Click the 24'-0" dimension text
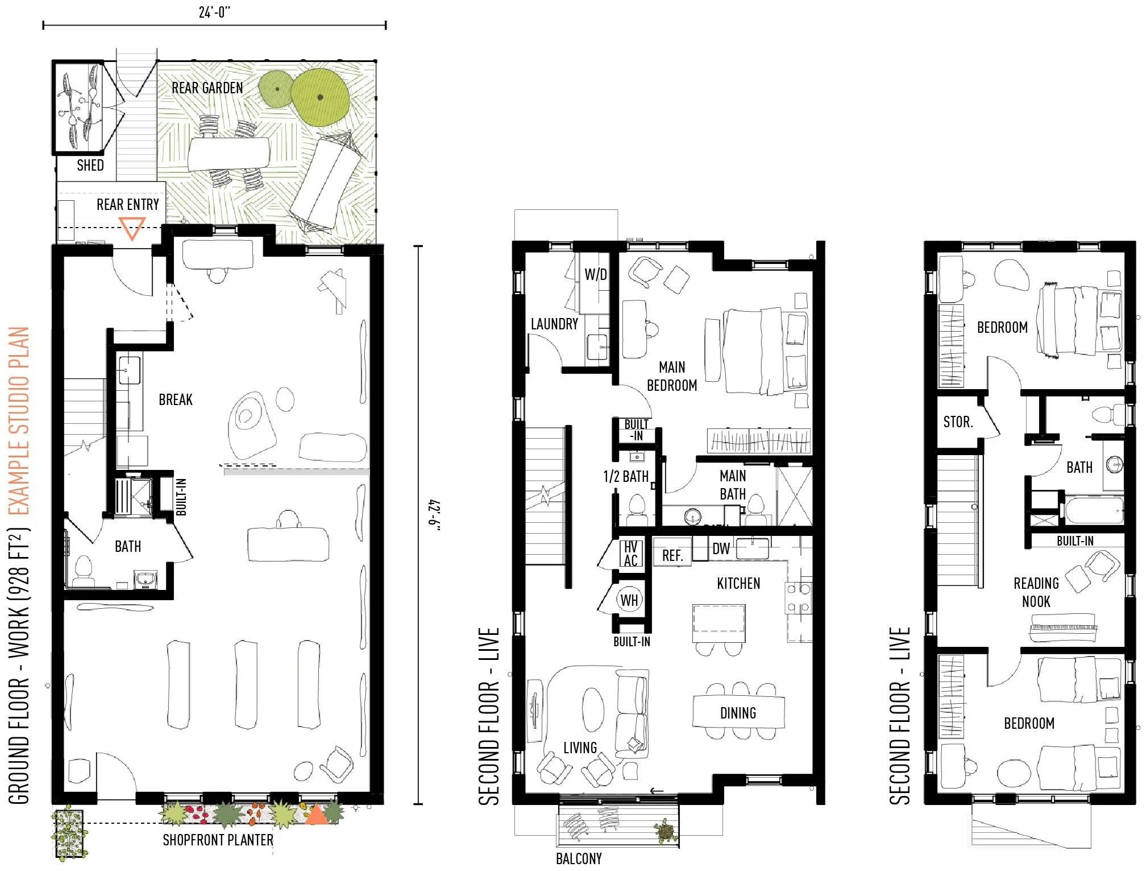pyautogui.click(x=214, y=12)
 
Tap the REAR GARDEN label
pyautogui.click(x=207, y=88)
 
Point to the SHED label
pyautogui.click(x=90, y=165)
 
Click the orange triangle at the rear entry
pyautogui.click(x=132, y=228)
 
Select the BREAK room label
pyautogui.click(x=176, y=399)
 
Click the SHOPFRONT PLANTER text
pyautogui.click(x=218, y=840)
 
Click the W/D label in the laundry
pyautogui.click(x=596, y=274)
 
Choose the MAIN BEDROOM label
pyautogui.click(x=672, y=376)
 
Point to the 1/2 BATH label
pyautogui.click(x=626, y=476)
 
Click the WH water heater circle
pyautogui.click(x=629, y=600)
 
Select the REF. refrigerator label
pyautogui.click(x=672, y=556)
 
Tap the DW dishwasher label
pyautogui.click(x=721, y=548)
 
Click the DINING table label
pyautogui.click(x=738, y=713)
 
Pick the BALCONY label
pyautogui.click(x=579, y=858)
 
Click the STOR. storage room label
pyautogui.click(x=958, y=422)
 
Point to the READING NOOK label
pyautogui.click(x=1036, y=592)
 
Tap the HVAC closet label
pyautogui.click(x=630, y=554)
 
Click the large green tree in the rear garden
pyautogui.click(x=320, y=97)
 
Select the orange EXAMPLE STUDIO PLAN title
pyautogui.click(x=19, y=420)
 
